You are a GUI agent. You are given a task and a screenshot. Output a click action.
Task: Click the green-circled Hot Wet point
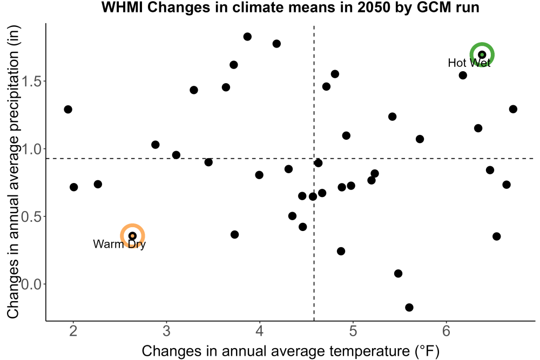(x=482, y=55)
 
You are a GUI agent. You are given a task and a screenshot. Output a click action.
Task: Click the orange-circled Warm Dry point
(x=132, y=236)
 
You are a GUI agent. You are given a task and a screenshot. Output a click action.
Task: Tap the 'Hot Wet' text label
(x=469, y=63)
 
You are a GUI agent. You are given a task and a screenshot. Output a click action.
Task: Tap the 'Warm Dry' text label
(x=119, y=244)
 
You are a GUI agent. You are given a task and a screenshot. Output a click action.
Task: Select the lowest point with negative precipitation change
(x=409, y=307)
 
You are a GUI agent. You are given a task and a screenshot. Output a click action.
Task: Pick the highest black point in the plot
(x=247, y=37)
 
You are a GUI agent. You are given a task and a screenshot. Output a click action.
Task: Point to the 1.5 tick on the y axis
(x=31, y=82)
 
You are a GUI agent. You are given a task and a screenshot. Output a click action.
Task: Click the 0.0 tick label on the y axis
(x=31, y=284)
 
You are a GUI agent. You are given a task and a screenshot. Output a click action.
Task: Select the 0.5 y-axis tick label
(x=31, y=217)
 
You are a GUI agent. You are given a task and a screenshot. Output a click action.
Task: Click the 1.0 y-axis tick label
(x=31, y=150)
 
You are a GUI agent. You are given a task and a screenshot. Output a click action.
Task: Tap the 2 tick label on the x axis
(x=73, y=331)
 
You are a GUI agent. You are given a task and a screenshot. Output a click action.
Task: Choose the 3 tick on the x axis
(x=166, y=331)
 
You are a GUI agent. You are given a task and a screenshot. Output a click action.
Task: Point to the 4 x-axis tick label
(x=260, y=331)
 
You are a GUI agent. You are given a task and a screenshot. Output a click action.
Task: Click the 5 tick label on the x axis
(x=353, y=331)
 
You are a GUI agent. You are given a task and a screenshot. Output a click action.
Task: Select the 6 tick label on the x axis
(x=447, y=331)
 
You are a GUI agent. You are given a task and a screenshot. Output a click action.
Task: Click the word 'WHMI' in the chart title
(x=123, y=7)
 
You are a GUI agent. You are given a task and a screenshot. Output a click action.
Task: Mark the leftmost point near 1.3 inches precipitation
(x=68, y=110)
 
